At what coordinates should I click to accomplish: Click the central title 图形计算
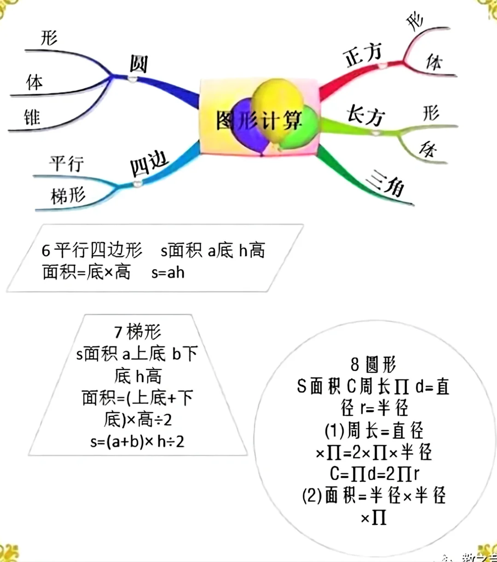(259, 120)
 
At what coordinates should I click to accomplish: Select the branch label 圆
(139, 64)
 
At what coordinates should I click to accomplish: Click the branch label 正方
(364, 56)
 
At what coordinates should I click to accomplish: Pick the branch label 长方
(366, 116)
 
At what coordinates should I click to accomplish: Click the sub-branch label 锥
(32, 117)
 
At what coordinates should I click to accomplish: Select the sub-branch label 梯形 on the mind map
(68, 196)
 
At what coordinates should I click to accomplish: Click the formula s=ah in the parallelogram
(168, 272)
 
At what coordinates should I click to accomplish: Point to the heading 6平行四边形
(92, 250)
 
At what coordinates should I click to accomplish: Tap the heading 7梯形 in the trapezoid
(138, 331)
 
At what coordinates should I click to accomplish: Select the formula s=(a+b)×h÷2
(137, 442)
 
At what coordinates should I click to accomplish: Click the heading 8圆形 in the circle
(373, 365)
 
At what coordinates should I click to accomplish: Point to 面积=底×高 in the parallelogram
(87, 272)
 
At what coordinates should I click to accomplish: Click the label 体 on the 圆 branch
(35, 83)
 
